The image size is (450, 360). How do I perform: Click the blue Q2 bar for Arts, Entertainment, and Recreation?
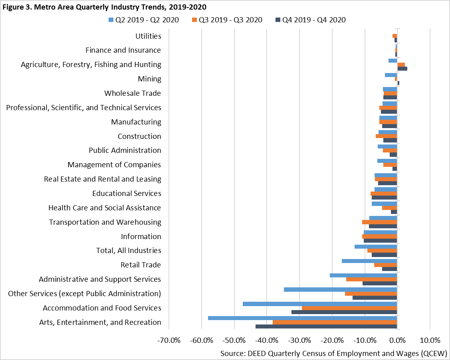(x=302, y=318)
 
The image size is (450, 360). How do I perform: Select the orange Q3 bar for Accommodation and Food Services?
(x=349, y=308)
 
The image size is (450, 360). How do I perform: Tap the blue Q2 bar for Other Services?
(x=340, y=289)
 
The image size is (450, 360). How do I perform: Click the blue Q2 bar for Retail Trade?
(x=369, y=261)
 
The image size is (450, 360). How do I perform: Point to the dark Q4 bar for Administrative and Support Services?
(x=380, y=283)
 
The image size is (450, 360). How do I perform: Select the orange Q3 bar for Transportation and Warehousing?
(x=379, y=222)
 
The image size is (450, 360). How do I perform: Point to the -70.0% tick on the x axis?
(x=169, y=340)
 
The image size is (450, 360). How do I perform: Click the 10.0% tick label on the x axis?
(x=430, y=340)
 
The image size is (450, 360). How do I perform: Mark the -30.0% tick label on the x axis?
(x=299, y=340)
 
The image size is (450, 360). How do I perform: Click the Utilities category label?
(x=148, y=36)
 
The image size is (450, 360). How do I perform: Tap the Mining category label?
(x=149, y=79)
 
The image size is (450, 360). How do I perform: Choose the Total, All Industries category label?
(x=129, y=251)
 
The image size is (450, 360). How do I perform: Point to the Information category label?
(x=141, y=236)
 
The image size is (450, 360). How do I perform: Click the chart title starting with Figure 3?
(x=104, y=7)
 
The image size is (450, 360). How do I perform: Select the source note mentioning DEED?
(x=333, y=354)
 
